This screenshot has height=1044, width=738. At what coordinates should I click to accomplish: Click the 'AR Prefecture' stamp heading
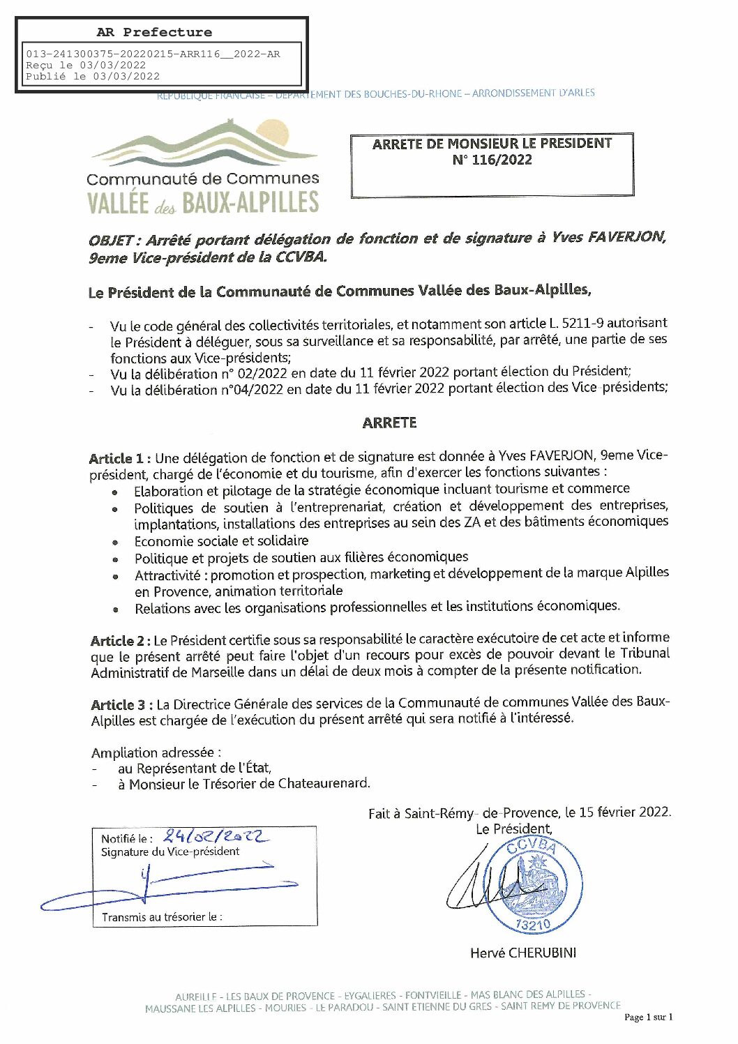[x=153, y=32]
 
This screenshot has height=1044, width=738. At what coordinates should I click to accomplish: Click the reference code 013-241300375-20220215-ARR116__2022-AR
[x=153, y=54]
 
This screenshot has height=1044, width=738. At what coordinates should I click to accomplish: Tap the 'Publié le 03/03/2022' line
[x=93, y=77]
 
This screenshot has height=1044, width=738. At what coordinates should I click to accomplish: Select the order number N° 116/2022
[x=492, y=160]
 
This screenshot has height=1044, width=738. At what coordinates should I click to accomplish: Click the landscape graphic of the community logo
[x=204, y=144]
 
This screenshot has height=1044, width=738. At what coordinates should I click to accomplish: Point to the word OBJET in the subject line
[x=110, y=241]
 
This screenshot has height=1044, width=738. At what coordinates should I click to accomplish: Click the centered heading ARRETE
[x=389, y=423]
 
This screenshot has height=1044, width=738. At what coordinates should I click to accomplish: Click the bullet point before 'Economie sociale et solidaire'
[x=115, y=543]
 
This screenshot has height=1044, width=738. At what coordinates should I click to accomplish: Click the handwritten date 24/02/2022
[x=213, y=836]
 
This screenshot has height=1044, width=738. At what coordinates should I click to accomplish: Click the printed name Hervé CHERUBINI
[x=523, y=953]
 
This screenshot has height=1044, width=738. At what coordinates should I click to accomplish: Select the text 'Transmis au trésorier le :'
[x=162, y=917]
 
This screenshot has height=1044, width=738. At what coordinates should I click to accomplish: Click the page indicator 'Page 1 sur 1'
[x=648, y=1017]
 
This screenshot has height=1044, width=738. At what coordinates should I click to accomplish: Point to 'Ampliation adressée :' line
[x=156, y=752]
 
